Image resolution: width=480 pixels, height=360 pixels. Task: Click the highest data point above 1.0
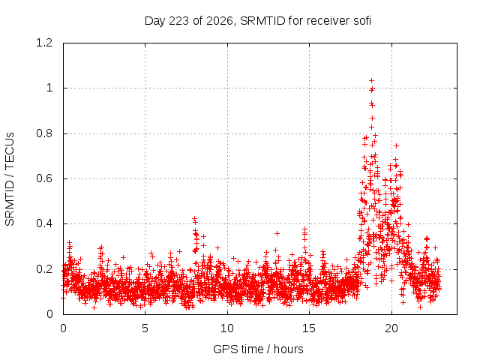point(372,81)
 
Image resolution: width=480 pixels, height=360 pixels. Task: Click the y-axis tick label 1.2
point(44,43)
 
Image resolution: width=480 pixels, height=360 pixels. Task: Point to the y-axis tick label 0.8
point(44,133)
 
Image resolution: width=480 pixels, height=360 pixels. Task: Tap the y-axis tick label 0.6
point(44,178)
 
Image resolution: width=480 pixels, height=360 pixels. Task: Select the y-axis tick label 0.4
point(44,223)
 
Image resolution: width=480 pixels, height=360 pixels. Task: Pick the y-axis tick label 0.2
point(44,269)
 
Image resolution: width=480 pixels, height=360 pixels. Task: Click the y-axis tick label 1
point(49,88)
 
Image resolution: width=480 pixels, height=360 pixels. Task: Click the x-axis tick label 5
point(145,328)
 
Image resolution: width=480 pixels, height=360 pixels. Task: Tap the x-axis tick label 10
point(227,328)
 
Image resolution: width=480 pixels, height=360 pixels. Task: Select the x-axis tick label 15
point(309,328)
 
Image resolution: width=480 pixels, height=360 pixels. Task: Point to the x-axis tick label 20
point(391,328)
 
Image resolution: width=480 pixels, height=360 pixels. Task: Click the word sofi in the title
point(362,21)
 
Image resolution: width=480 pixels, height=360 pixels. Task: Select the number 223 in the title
point(178,21)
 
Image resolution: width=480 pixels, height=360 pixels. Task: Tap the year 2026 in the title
point(219,21)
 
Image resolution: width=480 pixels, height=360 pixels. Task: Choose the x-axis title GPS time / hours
point(258,349)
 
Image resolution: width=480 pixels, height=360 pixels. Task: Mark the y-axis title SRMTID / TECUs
point(10,179)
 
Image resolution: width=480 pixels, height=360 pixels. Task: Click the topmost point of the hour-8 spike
point(194,218)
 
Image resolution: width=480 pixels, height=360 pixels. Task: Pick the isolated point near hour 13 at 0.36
point(277,233)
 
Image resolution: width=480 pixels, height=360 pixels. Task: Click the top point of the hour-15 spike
point(304,229)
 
